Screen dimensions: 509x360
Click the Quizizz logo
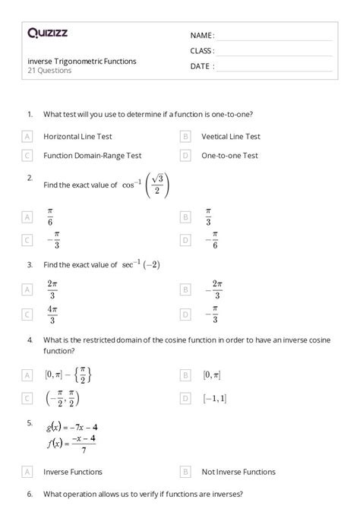tap(47, 33)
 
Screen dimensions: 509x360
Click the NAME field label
tap(202, 36)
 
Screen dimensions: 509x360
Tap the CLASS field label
tap(202, 51)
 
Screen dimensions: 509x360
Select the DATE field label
tap(202, 66)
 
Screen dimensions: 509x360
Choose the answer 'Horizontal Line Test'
tap(77, 137)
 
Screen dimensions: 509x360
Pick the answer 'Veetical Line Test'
tap(231, 137)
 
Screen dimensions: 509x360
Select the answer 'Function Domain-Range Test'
tap(93, 155)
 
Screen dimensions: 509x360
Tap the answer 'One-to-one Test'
tap(229, 155)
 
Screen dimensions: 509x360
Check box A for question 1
tap(27, 137)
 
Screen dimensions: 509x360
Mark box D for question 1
tap(185, 155)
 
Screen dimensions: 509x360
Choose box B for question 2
tap(185, 217)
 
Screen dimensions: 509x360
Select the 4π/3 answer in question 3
tap(52, 313)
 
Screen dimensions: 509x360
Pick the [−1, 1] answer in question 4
tap(214, 398)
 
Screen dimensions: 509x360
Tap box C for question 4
tap(27, 398)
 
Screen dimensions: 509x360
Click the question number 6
tap(30, 494)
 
